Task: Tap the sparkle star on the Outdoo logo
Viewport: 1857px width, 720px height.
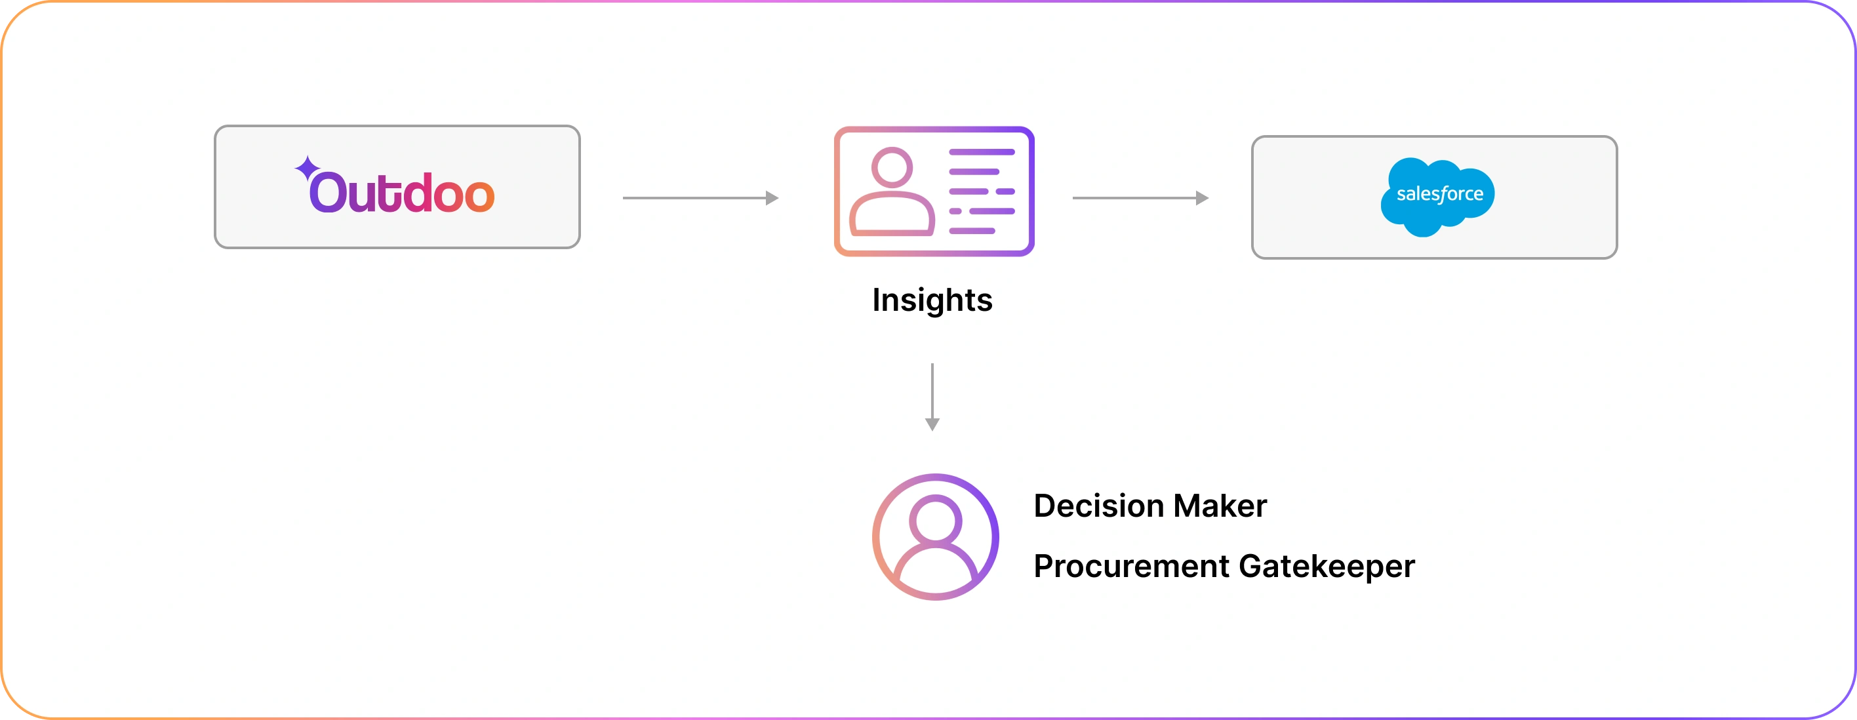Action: click(307, 169)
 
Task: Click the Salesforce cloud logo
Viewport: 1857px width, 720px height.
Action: click(1438, 197)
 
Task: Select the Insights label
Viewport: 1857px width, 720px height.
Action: click(932, 300)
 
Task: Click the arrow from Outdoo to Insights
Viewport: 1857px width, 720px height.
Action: click(699, 197)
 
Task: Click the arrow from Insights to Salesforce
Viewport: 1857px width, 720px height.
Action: click(1139, 197)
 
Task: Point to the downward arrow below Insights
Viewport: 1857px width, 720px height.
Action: click(932, 397)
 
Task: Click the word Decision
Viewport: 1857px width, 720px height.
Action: click(1097, 506)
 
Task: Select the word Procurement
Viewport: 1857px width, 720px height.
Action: click(1131, 567)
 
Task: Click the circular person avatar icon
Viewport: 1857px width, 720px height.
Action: click(935, 537)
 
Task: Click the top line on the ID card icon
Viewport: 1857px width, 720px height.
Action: click(982, 152)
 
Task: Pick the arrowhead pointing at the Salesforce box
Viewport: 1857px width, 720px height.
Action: click(1202, 197)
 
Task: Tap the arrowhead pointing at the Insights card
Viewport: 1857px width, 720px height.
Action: click(771, 197)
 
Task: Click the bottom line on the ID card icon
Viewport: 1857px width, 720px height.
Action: click(972, 231)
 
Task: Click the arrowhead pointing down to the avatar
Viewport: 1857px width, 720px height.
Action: click(932, 424)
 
